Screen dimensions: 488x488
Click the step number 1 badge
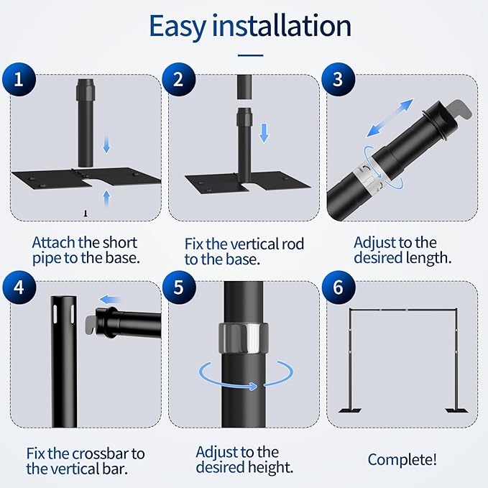click(19, 79)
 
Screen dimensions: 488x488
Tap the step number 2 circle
click(179, 79)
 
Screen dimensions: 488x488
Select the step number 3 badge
click(339, 79)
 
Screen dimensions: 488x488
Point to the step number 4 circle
click(19, 287)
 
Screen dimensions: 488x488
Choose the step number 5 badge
click(179, 287)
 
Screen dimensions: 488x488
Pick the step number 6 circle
click(339, 287)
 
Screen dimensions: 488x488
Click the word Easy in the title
click(178, 26)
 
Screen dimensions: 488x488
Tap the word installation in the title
click(282, 25)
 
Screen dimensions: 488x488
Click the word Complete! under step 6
click(402, 459)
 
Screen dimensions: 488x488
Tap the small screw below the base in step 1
click(86, 213)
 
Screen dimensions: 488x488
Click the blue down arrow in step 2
click(264, 133)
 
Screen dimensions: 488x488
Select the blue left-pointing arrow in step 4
click(110, 300)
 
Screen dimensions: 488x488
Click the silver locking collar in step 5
click(244, 338)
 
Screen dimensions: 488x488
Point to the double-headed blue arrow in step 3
click(390, 118)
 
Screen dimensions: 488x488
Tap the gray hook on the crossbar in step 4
click(91, 323)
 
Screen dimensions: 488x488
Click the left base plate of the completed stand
click(350, 410)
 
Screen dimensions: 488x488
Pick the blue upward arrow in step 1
click(107, 198)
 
